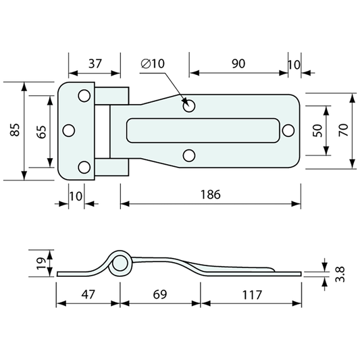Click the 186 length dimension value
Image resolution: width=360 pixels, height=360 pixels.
pos(210,195)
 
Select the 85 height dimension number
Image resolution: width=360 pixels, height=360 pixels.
pos(15,130)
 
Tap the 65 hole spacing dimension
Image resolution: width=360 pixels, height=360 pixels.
pos(42,132)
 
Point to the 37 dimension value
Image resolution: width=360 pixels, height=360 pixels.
pos(95,63)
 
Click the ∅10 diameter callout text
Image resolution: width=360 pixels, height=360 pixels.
pos(153,63)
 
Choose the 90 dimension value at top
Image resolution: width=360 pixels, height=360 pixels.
pos(238,63)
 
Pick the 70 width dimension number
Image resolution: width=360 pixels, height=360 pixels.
pos(344,130)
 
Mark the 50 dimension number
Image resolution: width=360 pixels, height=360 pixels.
pos(317,130)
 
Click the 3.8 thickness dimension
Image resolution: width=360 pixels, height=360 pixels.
pos(340,274)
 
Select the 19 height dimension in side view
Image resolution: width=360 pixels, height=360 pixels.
pos(41,263)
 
